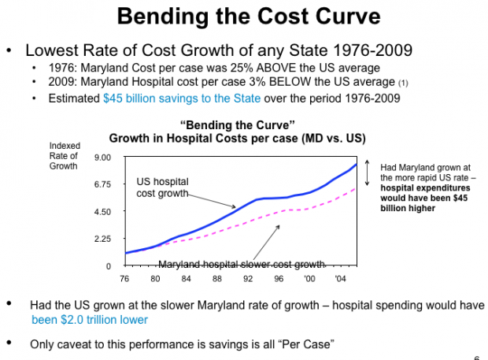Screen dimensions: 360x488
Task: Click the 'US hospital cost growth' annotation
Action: [165, 186]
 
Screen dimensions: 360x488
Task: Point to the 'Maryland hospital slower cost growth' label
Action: [242, 264]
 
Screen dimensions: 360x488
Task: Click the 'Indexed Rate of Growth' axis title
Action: [64, 155]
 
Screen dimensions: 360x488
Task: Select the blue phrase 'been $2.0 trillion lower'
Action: [89, 320]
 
